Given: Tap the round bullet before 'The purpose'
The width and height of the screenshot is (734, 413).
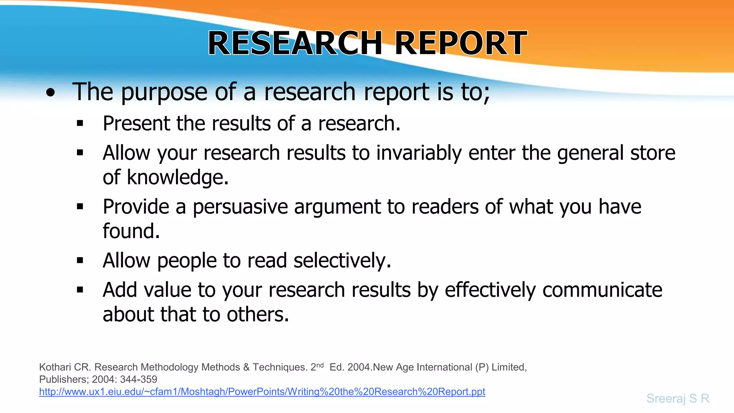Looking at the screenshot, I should [x=51, y=93].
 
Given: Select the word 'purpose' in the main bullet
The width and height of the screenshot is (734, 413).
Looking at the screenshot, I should [x=164, y=92].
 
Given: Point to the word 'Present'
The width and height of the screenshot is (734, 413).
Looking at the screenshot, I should [x=136, y=124].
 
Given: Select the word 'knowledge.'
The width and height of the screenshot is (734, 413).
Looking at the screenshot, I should [x=178, y=177].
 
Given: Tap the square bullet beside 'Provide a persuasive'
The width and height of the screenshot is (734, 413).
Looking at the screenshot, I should [x=80, y=207].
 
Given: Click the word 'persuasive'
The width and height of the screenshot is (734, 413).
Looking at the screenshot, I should [x=240, y=207].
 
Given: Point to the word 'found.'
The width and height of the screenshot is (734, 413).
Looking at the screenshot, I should [x=131, y=231].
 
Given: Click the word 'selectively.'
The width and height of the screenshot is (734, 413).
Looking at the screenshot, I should [x=342, y=261].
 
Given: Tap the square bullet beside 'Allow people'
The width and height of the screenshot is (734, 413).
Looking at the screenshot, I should [x=80, y=261].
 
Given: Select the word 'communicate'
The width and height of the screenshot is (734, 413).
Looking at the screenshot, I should [x=602, y=290].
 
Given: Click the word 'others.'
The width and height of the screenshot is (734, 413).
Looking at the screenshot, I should [x=258, y=314].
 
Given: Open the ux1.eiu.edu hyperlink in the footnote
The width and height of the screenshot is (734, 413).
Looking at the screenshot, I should [x=262, y=392].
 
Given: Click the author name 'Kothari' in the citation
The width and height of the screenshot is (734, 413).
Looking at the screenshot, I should [x=55, y=367].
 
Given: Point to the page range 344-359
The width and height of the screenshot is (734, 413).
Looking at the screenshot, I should [x=138, y=379].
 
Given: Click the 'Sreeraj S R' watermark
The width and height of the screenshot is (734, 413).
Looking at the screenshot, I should [x=678, y=398].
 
